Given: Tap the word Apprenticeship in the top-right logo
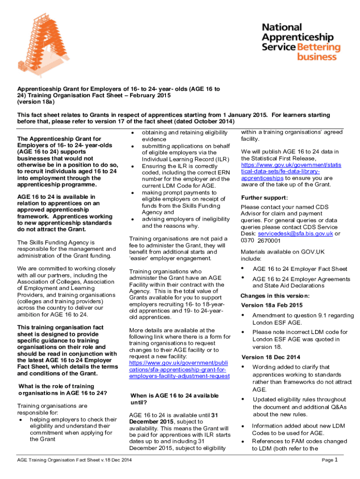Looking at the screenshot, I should tap(297, 37).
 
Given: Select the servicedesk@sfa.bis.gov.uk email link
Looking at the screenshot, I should tap(295, 233).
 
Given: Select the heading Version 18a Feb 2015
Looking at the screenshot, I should tap(272, 305).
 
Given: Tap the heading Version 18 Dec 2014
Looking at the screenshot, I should tap(271, 357).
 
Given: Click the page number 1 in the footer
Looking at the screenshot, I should tap(335, 460).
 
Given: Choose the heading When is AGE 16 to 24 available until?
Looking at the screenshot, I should tap(174, 399).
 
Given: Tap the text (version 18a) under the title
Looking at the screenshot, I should tap(36, 102).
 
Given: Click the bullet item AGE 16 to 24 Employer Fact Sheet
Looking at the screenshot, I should tap(300, 269).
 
